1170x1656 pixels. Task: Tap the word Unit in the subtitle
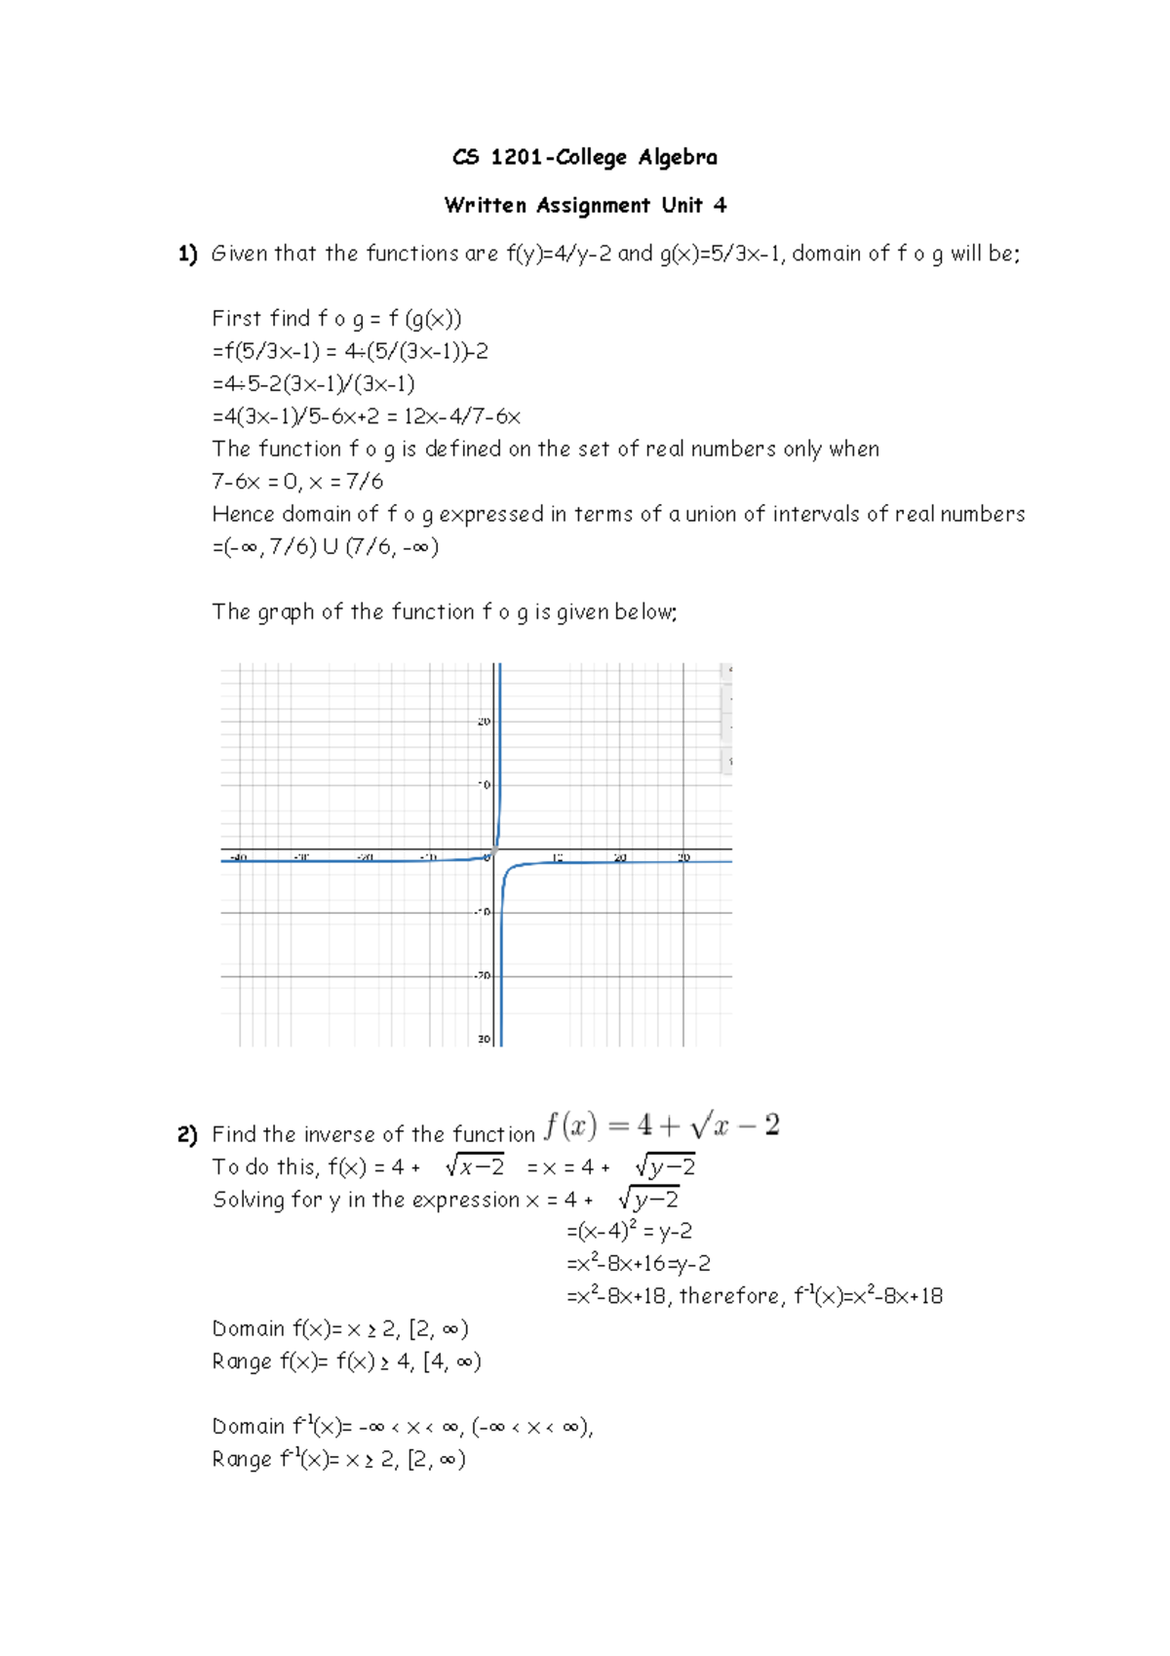tap(682, 205)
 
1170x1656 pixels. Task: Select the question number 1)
tap(187, 254)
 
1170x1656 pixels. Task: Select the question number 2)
tap(187, 1134)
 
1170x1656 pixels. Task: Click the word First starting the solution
tap(237, 319)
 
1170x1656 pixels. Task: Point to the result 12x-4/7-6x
tap(462, 416)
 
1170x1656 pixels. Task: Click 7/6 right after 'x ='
tap(365, 482)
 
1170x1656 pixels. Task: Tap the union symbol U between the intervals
tap(330, 547)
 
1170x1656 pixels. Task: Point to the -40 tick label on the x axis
tap(236, 858)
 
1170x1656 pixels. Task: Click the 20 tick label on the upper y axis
tap(484, 722)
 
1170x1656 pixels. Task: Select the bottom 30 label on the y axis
tap(485, 1040)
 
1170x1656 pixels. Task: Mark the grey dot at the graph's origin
tap(494, 851)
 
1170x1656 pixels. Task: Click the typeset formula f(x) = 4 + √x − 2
tap(662, 1125)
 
